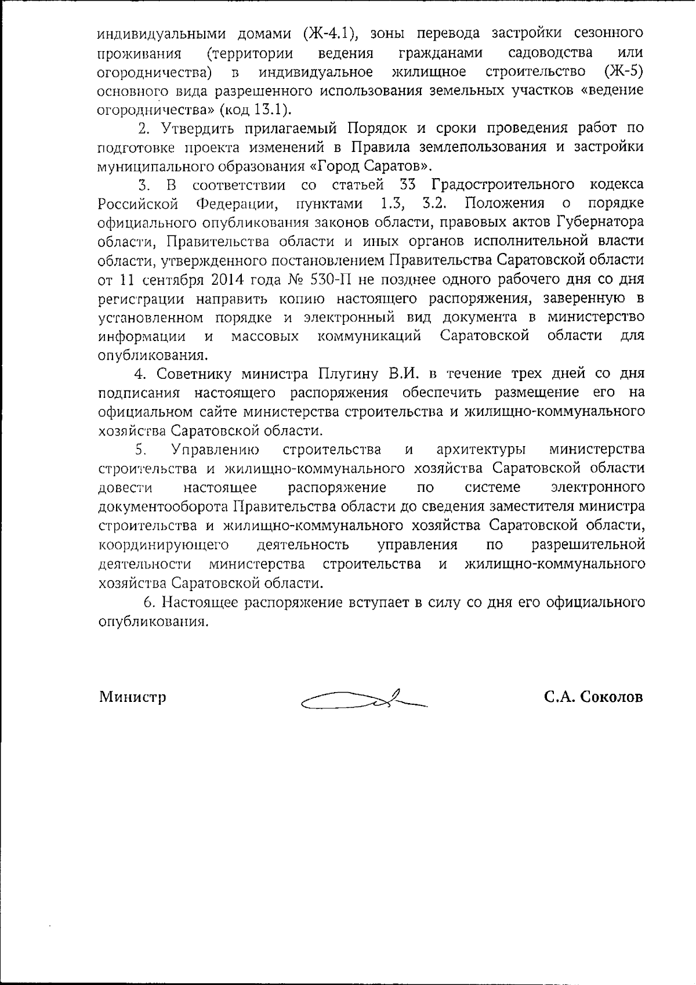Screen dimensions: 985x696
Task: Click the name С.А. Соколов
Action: point(593,697)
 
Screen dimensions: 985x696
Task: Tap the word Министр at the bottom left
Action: point(133,697)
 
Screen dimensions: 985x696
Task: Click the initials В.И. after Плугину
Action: point(403,373)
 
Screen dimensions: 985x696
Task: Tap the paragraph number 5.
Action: point(140,450)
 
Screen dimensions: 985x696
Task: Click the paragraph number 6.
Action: point(149,602)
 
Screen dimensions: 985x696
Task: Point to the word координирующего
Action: point(164,545)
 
